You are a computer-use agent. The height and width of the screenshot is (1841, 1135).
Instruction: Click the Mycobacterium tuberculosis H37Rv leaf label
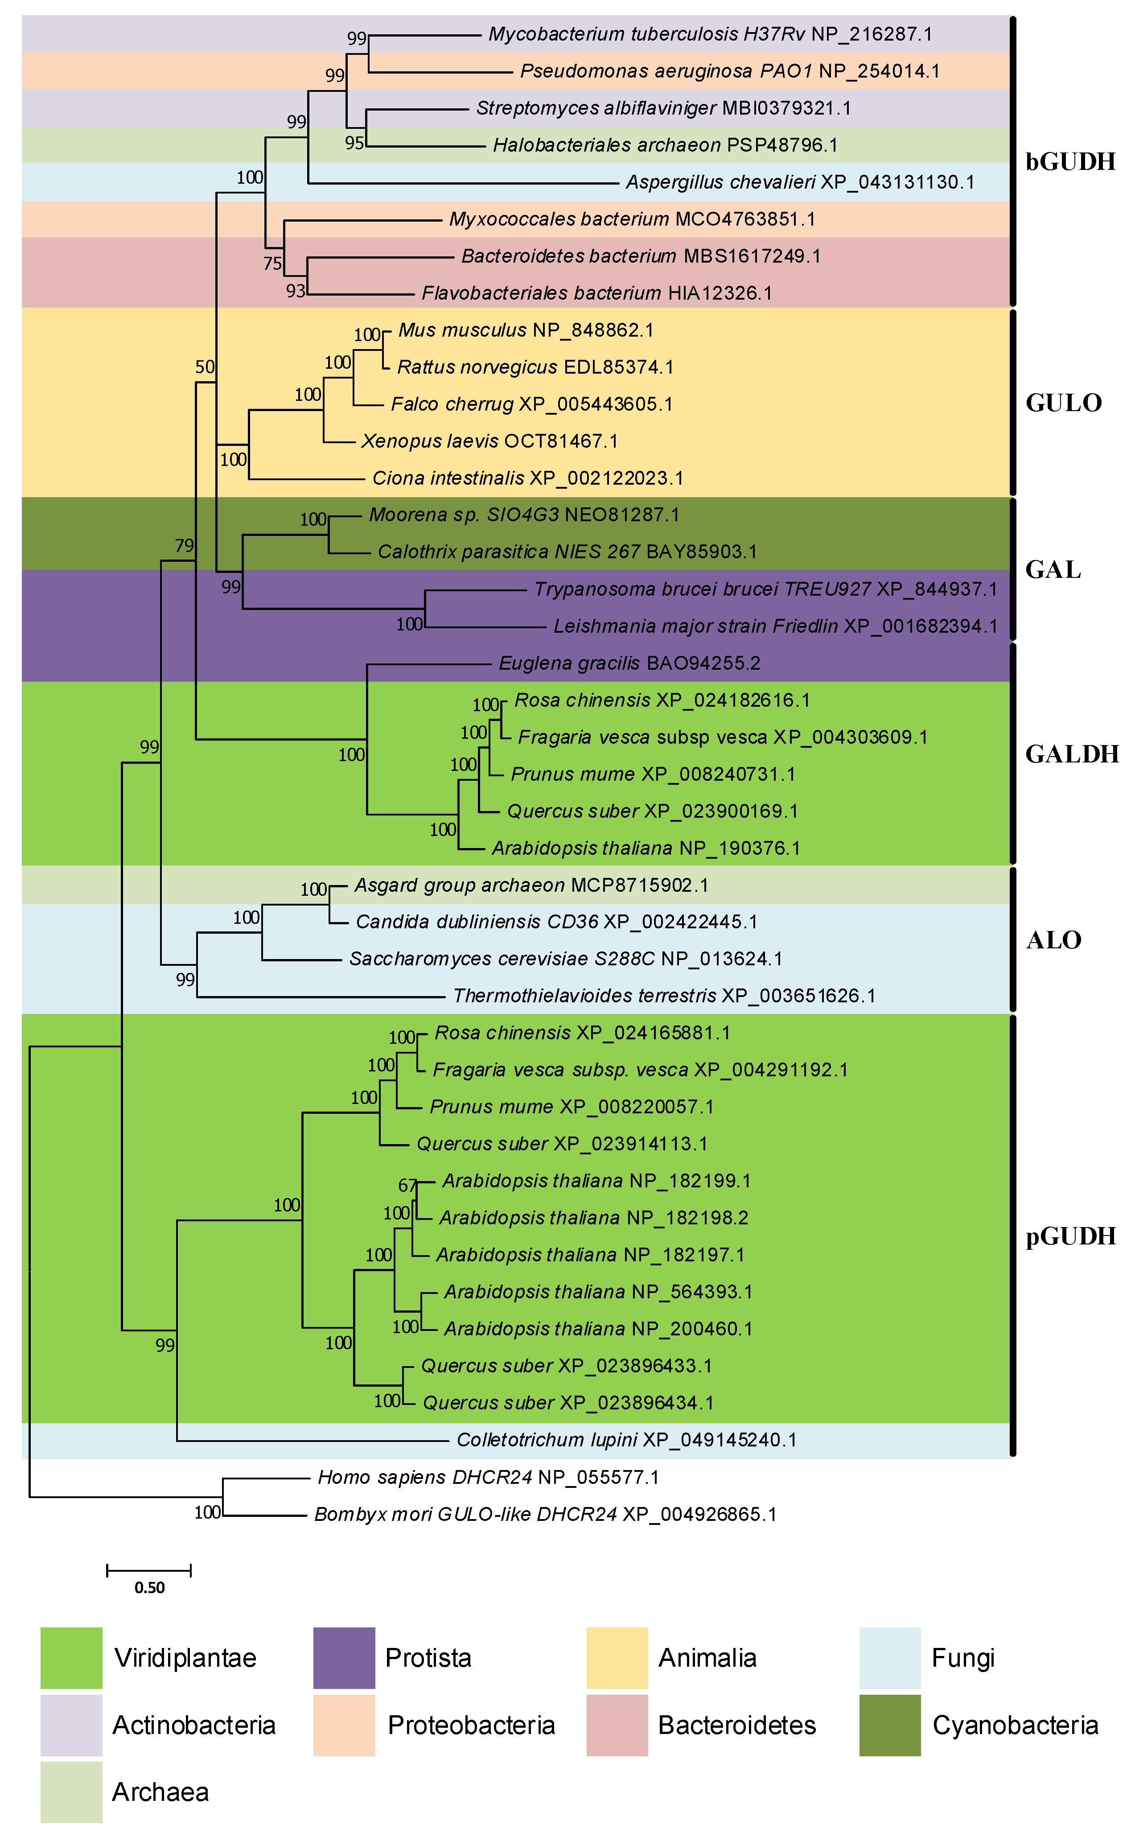click(709, 34)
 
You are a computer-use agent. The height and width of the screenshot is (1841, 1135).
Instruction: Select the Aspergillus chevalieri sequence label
click(799, 182)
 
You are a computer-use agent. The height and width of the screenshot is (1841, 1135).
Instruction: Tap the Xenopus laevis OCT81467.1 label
click(489, 441)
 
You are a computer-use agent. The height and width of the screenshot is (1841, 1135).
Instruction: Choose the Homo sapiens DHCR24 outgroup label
click(488, 1478)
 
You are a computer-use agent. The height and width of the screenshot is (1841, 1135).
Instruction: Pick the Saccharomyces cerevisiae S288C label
click(565, 959)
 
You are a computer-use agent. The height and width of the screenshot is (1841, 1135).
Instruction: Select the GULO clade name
click(1063, 403)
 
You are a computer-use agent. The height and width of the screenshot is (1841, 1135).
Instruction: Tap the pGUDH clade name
click(1070, 1236)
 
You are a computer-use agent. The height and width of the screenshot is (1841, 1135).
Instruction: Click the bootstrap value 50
click(205, 367)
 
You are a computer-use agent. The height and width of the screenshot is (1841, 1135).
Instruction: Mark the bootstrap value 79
click(184, 546)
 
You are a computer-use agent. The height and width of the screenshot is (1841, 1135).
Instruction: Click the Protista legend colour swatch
click(344, 1658)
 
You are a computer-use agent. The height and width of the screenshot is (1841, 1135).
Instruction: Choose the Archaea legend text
click(160, 1792)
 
